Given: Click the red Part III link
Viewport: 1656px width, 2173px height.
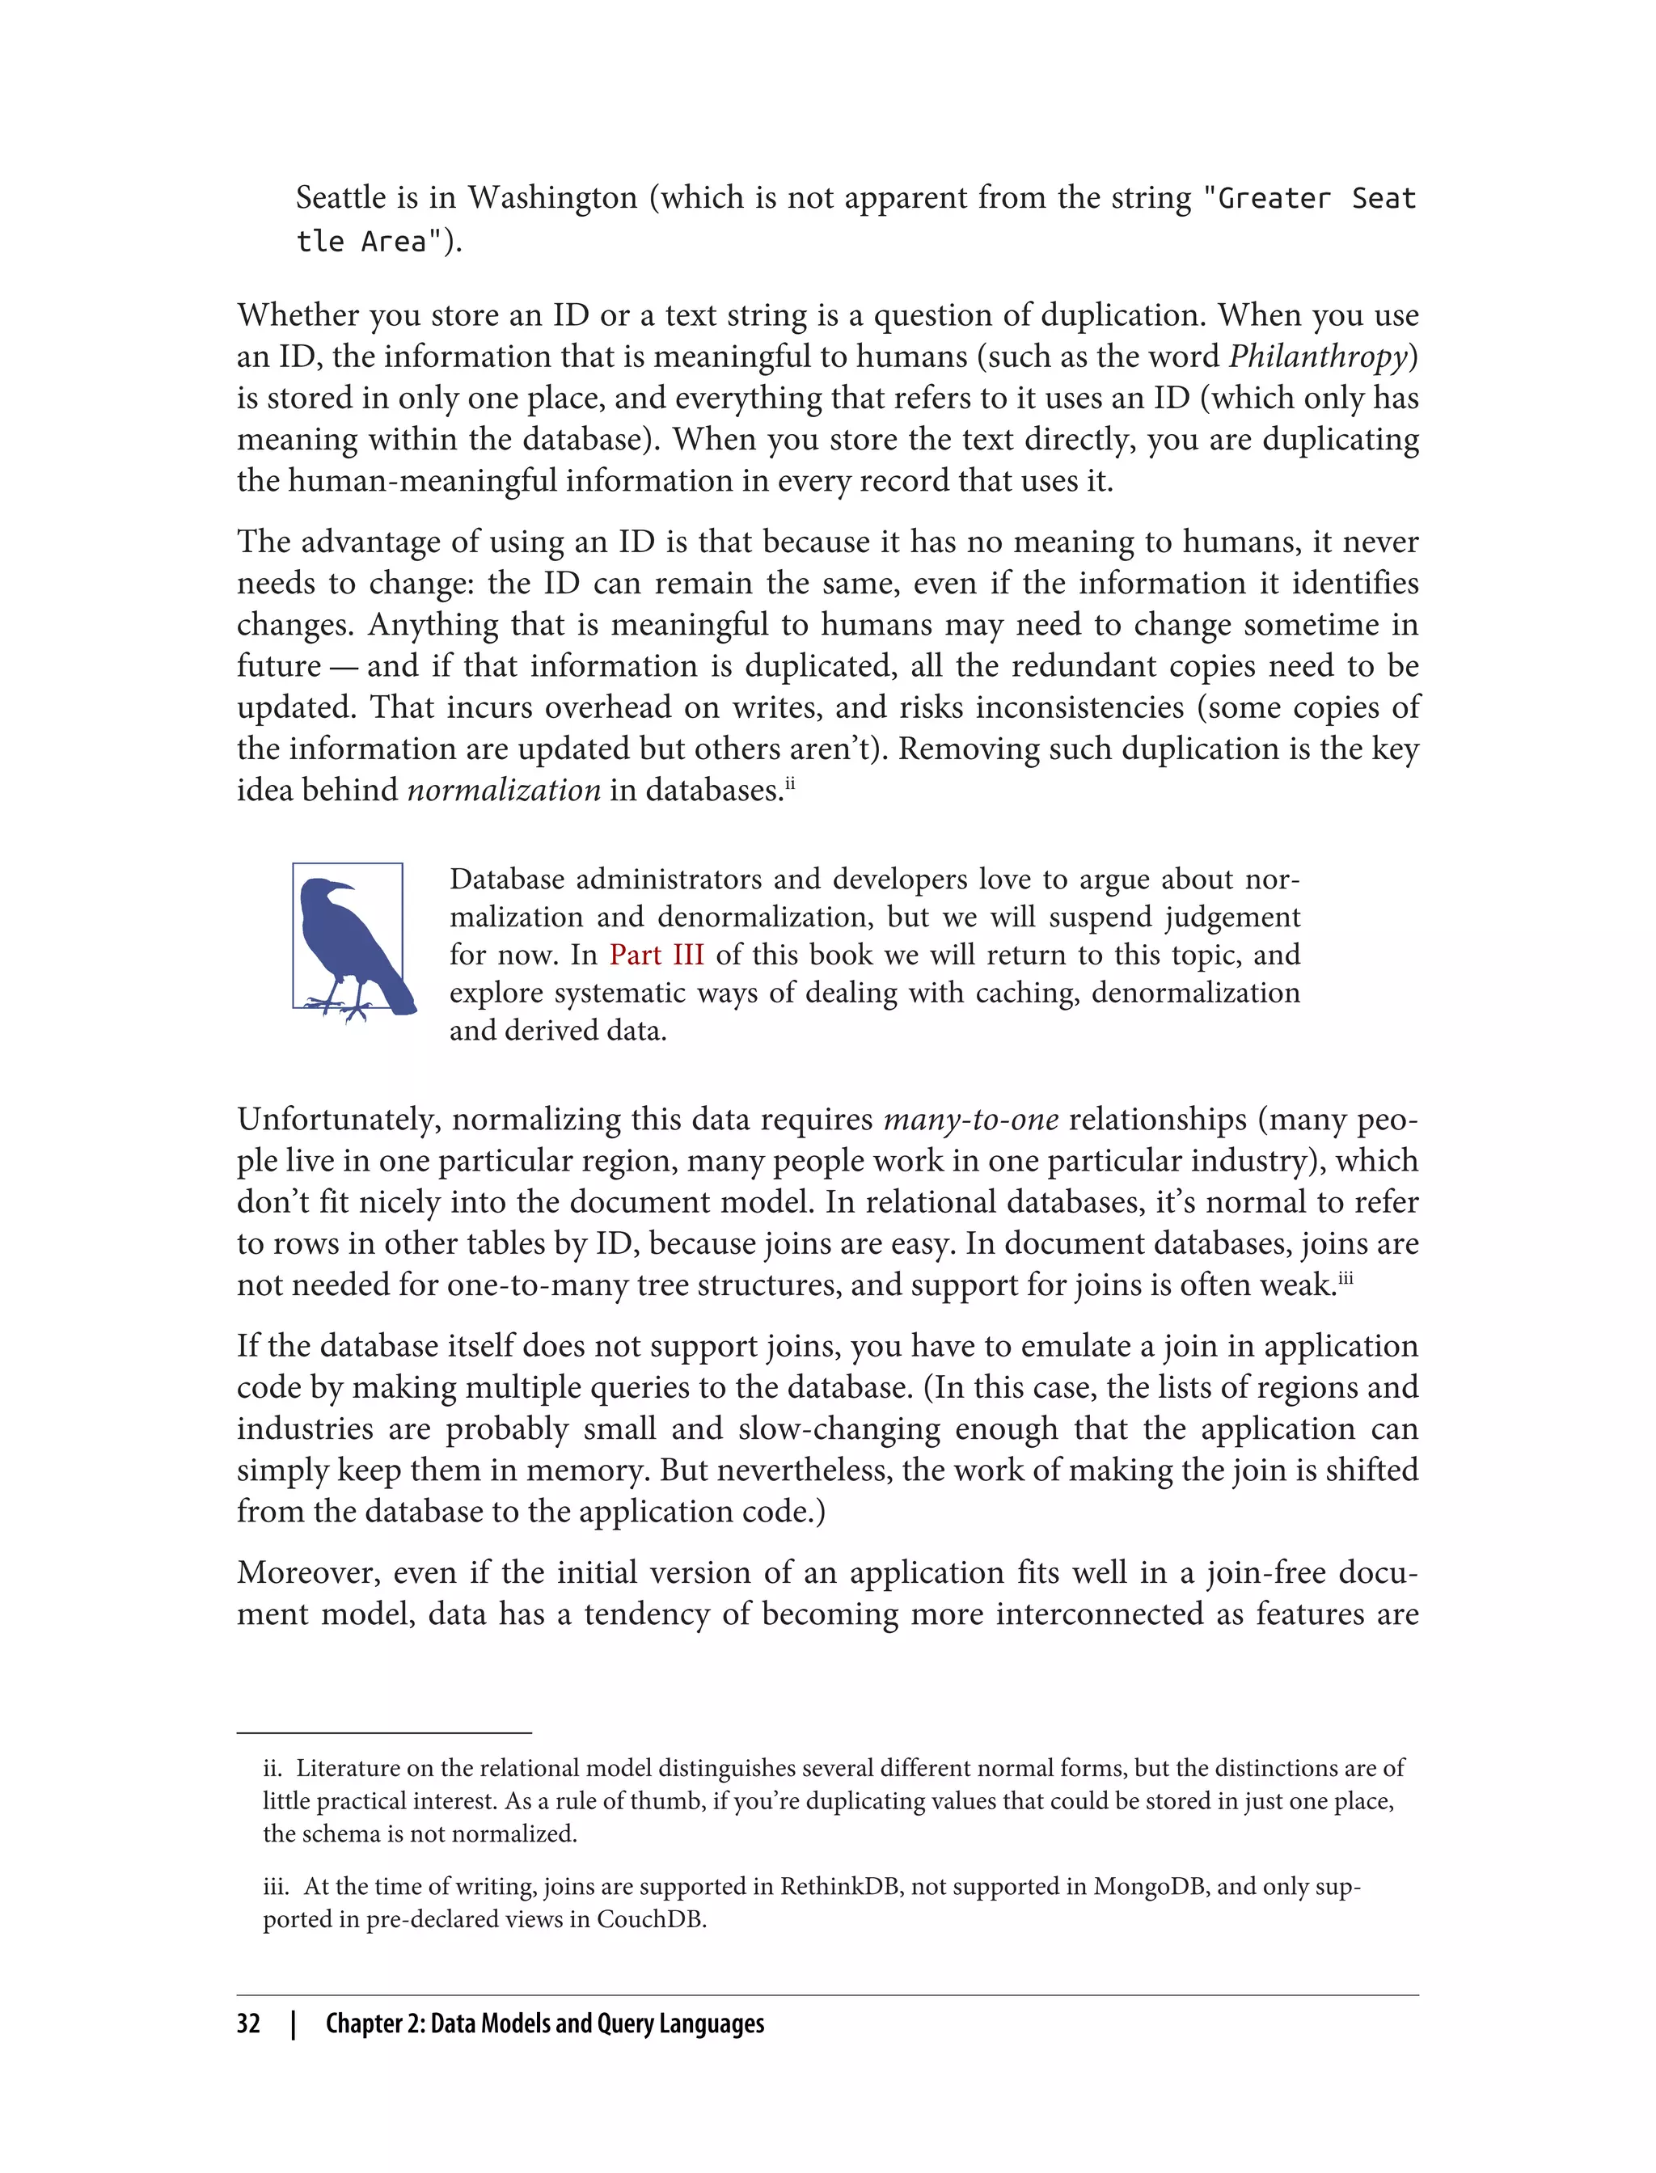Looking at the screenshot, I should (x=657, y=955).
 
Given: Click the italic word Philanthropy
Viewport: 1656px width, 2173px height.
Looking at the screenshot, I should (x=1318, y=357).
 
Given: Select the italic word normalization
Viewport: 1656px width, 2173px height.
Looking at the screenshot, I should (x=504, y=791).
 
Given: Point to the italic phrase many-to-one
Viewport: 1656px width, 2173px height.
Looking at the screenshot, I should (x=971, y=1120).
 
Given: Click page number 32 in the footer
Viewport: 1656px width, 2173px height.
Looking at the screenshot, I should (x=248, y=2023).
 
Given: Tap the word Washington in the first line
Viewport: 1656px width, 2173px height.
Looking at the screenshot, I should (x=552, y=198).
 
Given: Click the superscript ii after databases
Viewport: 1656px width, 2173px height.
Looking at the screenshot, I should (x=788, y=782).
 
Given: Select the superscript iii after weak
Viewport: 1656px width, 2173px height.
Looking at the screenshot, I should (x=1345, y=1276).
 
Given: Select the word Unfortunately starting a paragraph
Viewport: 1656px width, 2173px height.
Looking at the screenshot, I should (x=339, y=1120).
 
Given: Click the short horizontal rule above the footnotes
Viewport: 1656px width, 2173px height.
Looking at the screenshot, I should (x=383, y=1732).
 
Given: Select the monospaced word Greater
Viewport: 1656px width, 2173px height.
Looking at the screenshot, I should (x=1274, y=199).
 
